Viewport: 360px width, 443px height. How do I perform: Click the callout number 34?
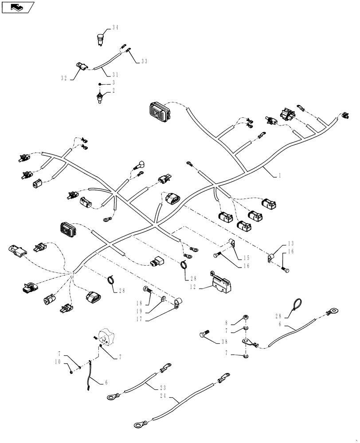pyautogui.click(x=115, y=27)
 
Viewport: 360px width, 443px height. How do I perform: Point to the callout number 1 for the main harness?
pyautogui.click(x=280, y=175)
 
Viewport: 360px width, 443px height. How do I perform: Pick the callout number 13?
pyautogui.click(x=290, y=243)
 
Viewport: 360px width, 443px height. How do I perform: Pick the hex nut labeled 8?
pyautogui.click(x=245, y=319)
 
